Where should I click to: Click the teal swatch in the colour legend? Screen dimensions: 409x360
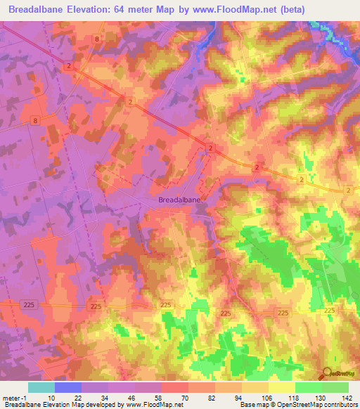click(x=41, y=387)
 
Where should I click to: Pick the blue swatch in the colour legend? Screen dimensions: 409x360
click(x=68, y=387)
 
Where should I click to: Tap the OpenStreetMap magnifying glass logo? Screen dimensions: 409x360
click(x=326, y=372)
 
